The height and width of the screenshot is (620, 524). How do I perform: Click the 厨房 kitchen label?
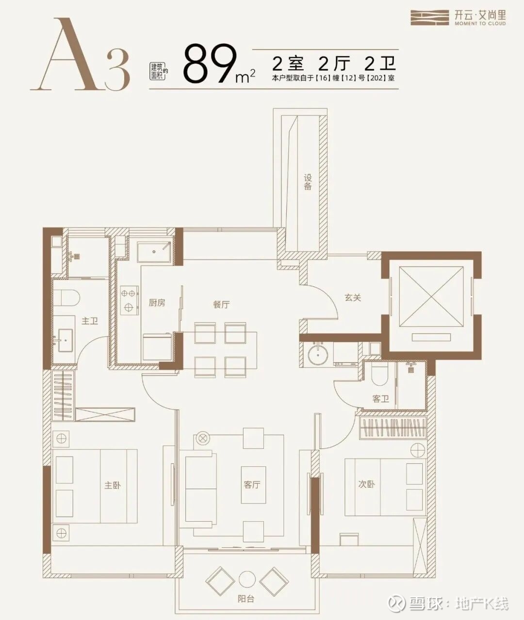157,303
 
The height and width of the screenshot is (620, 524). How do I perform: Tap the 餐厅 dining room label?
221,304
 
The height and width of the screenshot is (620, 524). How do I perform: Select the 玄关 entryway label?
353,298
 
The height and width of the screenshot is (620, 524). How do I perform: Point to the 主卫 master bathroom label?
90,321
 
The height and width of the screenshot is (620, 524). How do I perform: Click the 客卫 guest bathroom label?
380,398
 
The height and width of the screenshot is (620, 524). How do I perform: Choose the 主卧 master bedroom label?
113,485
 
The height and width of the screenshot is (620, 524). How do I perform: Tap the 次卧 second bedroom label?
366,484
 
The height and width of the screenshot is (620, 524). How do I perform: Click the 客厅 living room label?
252,485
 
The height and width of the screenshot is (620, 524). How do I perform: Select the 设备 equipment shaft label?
308,182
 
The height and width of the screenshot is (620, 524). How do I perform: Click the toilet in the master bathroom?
66,298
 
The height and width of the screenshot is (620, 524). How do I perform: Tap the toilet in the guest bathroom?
380,375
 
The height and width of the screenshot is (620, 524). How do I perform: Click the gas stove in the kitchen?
129,300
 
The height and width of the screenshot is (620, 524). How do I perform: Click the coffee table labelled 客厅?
254,485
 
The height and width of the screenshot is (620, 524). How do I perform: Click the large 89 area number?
210,64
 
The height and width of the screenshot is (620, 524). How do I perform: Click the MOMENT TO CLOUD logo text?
480,23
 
